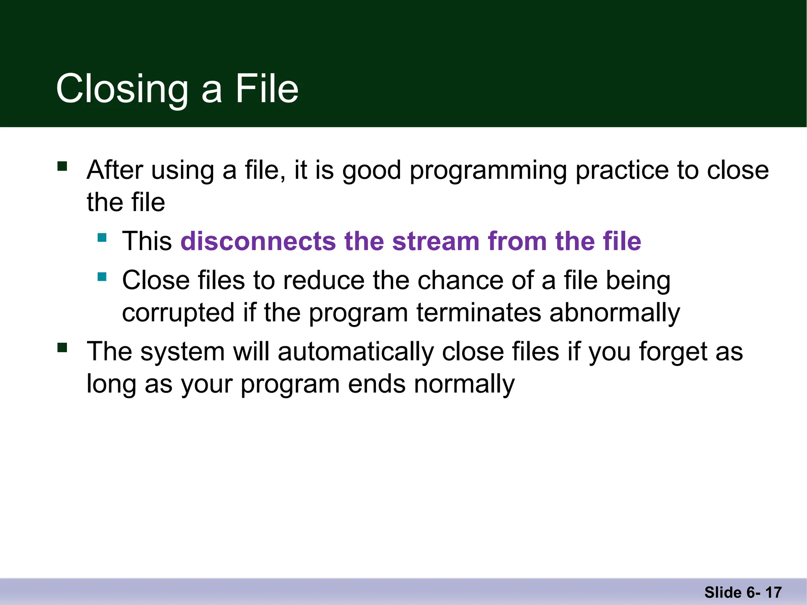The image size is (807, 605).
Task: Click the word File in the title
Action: coord(267,89)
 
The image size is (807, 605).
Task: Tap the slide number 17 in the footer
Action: coord(774,592)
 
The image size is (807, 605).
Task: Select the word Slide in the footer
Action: coord(723,592)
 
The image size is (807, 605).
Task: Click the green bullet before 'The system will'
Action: coord(62,347)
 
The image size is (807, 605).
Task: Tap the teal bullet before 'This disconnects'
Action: coord(102,238)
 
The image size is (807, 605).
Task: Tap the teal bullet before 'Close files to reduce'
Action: coord(102,277)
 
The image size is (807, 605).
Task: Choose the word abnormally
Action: coord(615,313)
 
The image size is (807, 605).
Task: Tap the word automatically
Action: coord(355,352)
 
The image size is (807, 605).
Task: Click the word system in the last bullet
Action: coord(182,352)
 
